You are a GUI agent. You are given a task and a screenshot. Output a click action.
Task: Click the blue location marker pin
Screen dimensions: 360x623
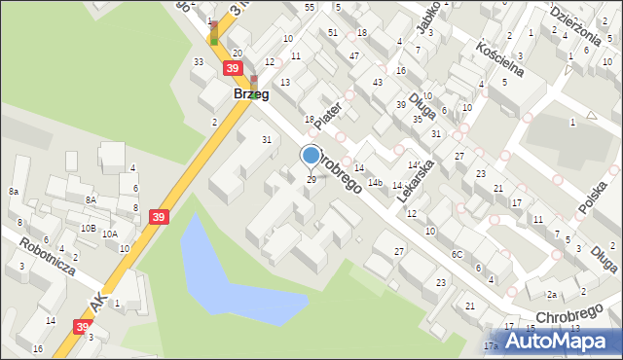[311, 156]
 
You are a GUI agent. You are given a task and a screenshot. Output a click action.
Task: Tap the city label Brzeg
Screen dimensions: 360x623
[251, 94]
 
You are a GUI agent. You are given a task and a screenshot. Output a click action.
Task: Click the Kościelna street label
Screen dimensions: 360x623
[500, 57]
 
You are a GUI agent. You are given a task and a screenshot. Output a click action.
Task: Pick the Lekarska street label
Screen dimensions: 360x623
[416, 180]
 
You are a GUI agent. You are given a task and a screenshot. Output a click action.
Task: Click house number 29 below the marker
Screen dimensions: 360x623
[311, 179]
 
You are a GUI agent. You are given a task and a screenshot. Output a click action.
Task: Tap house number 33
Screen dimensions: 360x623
[198, 62]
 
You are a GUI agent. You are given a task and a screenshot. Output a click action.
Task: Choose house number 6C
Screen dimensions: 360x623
[456, 254]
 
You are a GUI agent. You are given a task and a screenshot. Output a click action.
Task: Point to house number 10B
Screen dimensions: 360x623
[88, 228]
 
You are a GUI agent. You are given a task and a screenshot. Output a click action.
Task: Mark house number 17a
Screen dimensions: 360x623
[491, 345]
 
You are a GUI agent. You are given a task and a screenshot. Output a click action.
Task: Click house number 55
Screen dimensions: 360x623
[310, 7]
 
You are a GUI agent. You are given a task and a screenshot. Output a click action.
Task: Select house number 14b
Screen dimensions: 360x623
[374, 182]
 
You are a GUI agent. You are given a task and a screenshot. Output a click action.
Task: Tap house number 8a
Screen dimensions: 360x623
[14, 192]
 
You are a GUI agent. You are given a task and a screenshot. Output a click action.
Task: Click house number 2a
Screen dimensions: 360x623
[551, 294]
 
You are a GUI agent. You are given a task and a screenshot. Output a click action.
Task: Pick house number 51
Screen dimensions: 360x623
[333, 32]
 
